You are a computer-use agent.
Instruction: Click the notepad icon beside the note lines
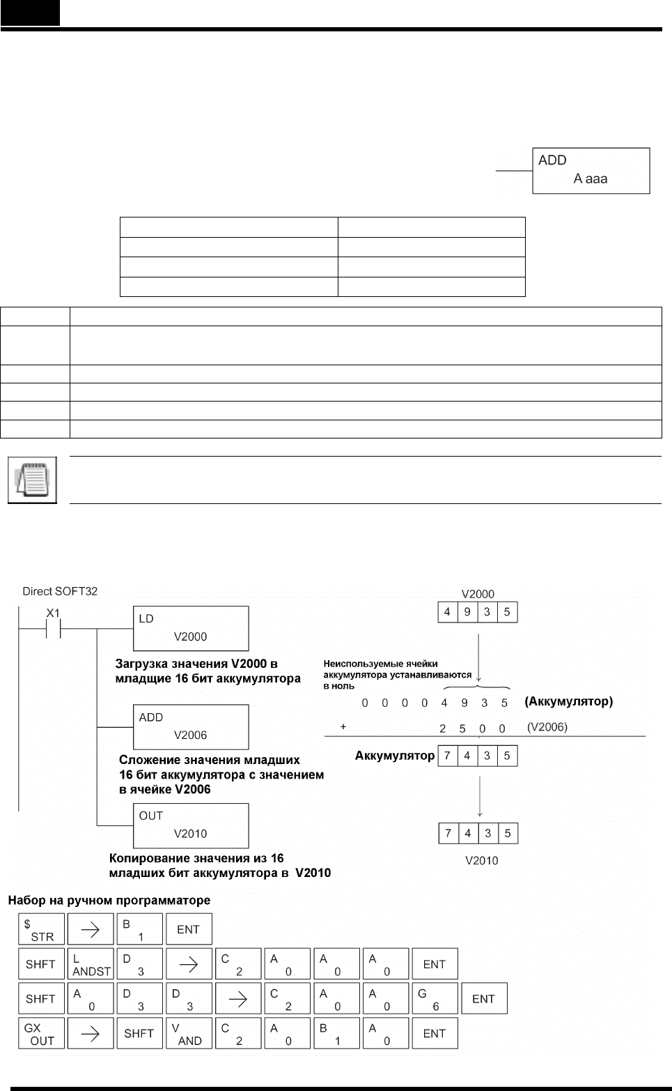coord(32,480)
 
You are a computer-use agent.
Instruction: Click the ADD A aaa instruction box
coord(591,171)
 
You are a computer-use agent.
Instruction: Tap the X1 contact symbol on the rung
coord(54,628)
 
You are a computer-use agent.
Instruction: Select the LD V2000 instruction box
coord(191,628)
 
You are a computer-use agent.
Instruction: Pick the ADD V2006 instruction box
coord(191,726)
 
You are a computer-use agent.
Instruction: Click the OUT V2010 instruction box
coord(191,825)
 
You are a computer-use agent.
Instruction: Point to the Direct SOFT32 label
coord(60,591)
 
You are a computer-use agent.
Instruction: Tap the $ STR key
coord(41,929)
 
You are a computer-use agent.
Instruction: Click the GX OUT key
coord(41,1033)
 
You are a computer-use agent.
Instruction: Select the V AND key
coord(189,1033)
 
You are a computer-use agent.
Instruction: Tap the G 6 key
coord(435,998)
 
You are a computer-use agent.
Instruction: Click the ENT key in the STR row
coord(189,929)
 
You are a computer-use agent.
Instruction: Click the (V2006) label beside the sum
coord(547,727)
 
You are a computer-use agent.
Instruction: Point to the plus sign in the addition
coord(343,726)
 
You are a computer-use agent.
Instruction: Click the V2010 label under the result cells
coord(482,861)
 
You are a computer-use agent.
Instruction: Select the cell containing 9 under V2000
coord(467,612)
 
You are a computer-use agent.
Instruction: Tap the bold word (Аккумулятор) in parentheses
coord(568,701)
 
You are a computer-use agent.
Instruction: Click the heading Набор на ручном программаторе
coord(109,900)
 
